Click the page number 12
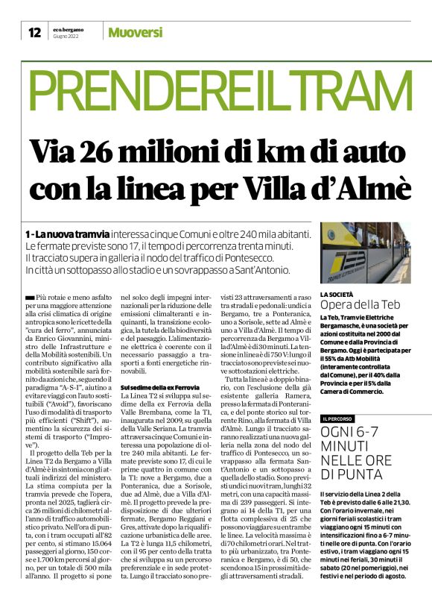[34, 32]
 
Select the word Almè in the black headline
[372, 184]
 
